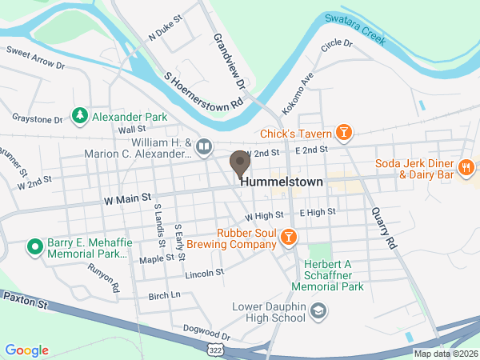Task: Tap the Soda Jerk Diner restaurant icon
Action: pos(466,167)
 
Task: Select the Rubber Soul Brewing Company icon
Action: pos(290,236)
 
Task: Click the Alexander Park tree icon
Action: pos(79,117)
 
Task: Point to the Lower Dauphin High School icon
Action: pos(318,310)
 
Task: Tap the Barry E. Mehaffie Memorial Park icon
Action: pos(34,246)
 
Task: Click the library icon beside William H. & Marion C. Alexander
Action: pos(204,146)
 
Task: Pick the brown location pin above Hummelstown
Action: pos(239,163)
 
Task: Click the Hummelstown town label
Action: pos(281,182)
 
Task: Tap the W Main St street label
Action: pos(127,197)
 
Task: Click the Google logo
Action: pos(27,350)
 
